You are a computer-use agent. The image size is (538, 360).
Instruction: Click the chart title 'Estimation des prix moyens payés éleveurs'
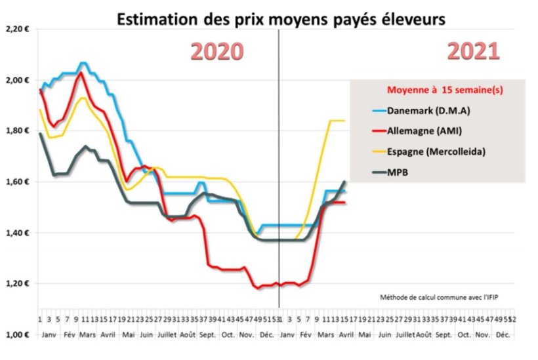[x=281, y=20]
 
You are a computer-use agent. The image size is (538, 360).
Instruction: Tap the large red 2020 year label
[x=217, y=52]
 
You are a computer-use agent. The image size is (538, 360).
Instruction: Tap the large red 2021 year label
[x=474, y=52]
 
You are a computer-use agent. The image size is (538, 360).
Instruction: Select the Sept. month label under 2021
[x=444, y=334]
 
